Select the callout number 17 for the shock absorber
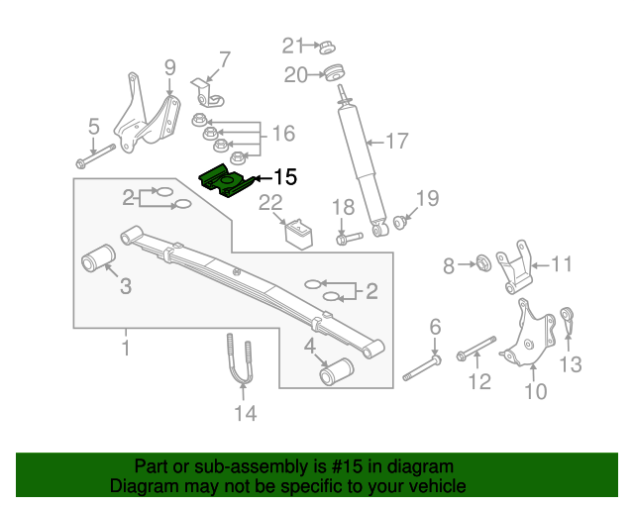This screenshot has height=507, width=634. click(x=396, y=142)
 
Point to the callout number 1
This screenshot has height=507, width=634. click(x=126, y=347)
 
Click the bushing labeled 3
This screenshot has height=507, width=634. click(x=97, y=262)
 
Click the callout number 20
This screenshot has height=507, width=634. click(x=296, y=74)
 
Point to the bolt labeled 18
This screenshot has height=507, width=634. click(x=344, y=238)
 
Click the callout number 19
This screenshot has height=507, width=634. click(x=426, y=198)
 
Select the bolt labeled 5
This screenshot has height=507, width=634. click(x=98, y=154)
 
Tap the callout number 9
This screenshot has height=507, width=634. click(x=169, y=67)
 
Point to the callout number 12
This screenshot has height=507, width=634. click(x=479, y=381)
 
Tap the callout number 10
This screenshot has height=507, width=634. click(x=535, y=391)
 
